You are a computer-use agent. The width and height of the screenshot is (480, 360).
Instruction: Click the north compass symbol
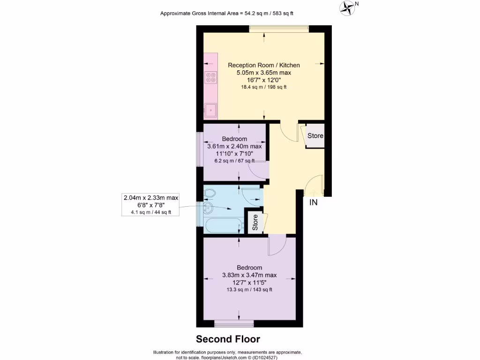click(348, 7)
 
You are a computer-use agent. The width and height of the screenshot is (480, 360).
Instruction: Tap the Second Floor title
click(228, 338)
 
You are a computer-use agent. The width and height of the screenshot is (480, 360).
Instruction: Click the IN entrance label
click(313, 202)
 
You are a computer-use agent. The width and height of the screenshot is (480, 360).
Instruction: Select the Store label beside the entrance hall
click(315, 136)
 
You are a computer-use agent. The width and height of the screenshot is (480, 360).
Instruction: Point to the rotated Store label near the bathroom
click(255, 222)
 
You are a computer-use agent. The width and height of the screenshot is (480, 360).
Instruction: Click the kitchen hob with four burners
click(211, 77)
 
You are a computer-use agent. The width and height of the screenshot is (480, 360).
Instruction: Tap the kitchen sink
click(210, 110)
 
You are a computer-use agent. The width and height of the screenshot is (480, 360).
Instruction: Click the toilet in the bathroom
click(210, 193)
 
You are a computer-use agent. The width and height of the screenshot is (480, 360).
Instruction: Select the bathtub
click(224, 225)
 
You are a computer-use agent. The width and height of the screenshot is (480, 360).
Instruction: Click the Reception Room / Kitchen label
click(263, 65)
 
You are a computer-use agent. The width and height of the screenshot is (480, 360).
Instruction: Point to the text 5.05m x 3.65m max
click(263, 73)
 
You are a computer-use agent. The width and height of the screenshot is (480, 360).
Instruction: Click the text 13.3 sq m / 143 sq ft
click(249, 289)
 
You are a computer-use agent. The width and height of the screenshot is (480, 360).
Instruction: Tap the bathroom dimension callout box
click(150, 205)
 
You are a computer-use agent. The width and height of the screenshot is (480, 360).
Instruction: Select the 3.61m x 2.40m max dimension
click(234, 146)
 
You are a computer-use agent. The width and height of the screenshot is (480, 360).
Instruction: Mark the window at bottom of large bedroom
click(234, 323)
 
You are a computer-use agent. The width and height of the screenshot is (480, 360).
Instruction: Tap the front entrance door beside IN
click(314, 186)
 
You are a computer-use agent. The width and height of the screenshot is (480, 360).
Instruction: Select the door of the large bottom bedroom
click(277, 245)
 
